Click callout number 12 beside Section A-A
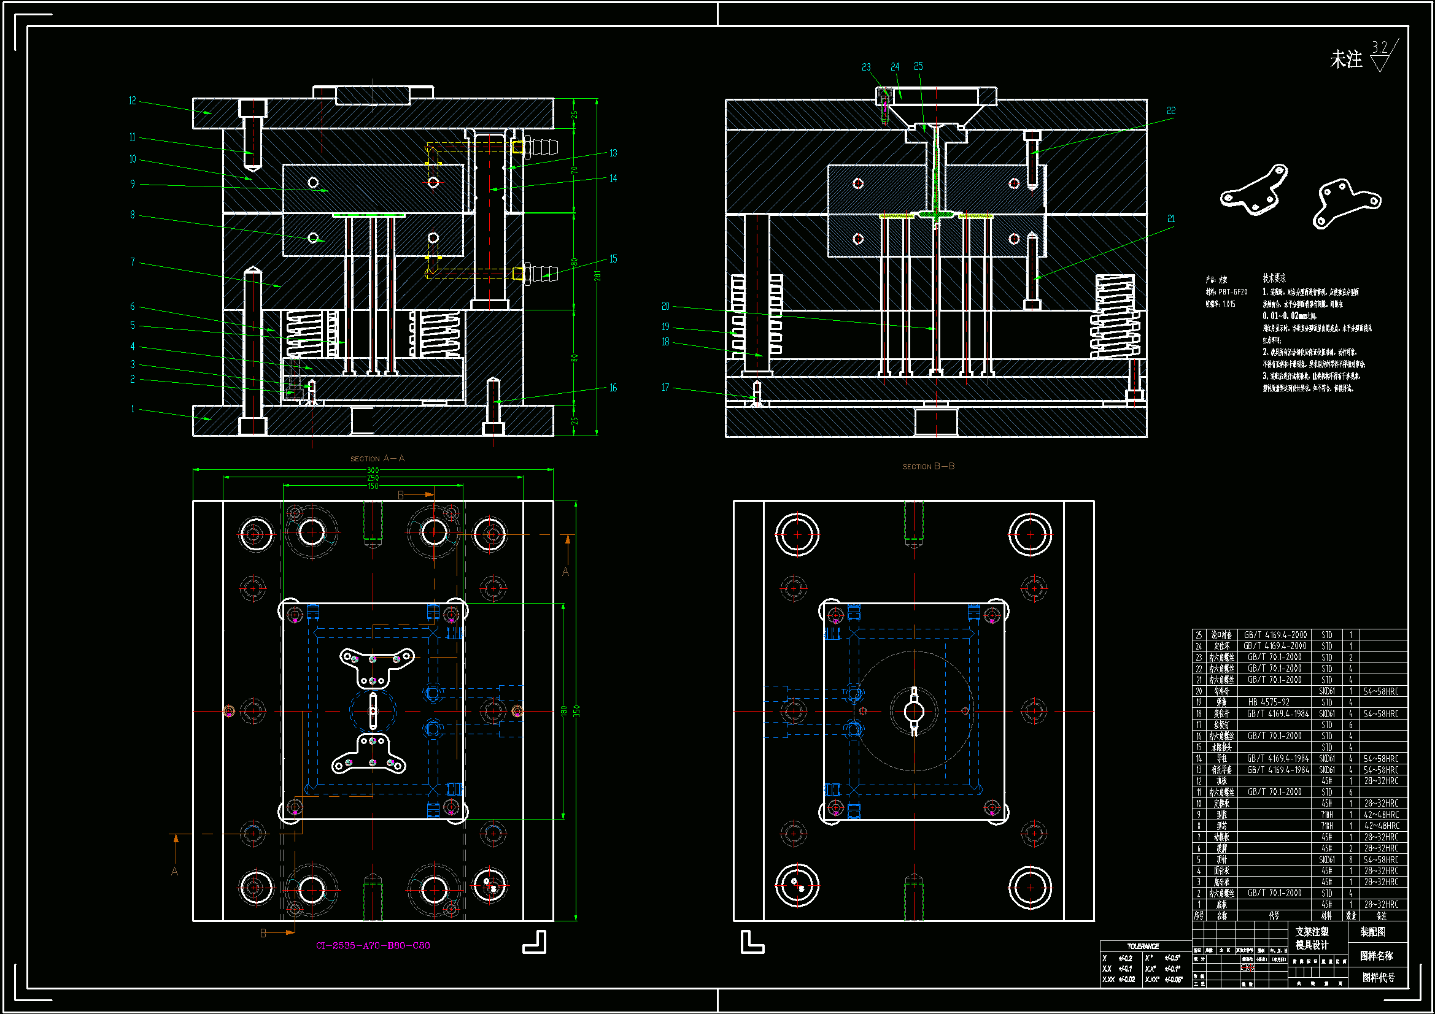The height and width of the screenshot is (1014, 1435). [133, 101]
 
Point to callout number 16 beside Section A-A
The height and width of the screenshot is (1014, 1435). [613, 388]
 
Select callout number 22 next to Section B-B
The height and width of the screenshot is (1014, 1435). [1171, 110]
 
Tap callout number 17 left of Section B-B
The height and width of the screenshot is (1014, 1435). [665, 388]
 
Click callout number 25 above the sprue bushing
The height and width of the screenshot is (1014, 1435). [918, 66]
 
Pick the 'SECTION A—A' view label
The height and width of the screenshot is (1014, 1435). [377, 459]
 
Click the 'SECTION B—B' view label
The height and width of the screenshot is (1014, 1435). [928, 467]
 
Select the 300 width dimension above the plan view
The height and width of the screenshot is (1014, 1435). [373, 471]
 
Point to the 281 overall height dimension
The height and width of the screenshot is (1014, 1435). [597, 275]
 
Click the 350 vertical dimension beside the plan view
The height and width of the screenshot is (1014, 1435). [577, 711]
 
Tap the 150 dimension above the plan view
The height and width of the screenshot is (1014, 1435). [373, 486]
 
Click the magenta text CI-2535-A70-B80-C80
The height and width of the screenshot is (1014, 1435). [373, 945]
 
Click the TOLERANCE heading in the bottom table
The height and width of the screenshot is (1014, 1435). [1142, 946]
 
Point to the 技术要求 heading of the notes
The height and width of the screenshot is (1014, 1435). [1274, 278]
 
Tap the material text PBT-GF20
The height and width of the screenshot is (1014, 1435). [1232, 292]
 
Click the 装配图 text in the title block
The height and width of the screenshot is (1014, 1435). [1372, 932]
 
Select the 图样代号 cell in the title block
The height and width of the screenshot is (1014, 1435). [1378, 977]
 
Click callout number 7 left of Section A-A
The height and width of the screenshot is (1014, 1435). [133, 262]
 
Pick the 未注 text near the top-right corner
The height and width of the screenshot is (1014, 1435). [1345, 60]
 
